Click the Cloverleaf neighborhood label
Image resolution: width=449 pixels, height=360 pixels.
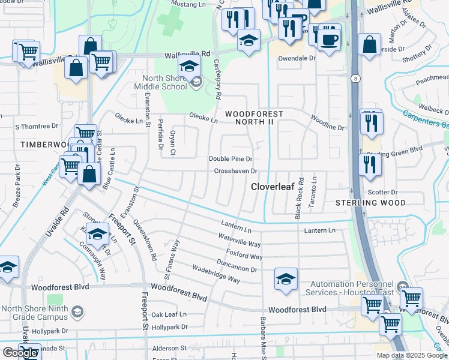pyautogui.click(x=273, y=187)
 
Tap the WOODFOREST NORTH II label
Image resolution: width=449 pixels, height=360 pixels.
pyautogui.click(x=258, y=118)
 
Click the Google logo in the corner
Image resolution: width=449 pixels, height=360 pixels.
pyautogui.click(x=20, y=353)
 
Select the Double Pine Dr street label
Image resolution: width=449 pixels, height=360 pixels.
pyautogui.click(x=231, y=159)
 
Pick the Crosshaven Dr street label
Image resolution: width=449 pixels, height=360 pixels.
pyautogui.click(x=236, y=172)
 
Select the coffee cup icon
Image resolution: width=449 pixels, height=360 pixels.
pyautogui.click(x=329, y=40)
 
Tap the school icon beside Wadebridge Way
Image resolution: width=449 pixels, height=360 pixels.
pyautogui.click(x=286, y=278)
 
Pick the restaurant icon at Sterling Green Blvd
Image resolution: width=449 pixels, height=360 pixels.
pyautogui.click(x=370, y=163)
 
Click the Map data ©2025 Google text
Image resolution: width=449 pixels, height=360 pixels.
pyautogui.click(x=412, y=355)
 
